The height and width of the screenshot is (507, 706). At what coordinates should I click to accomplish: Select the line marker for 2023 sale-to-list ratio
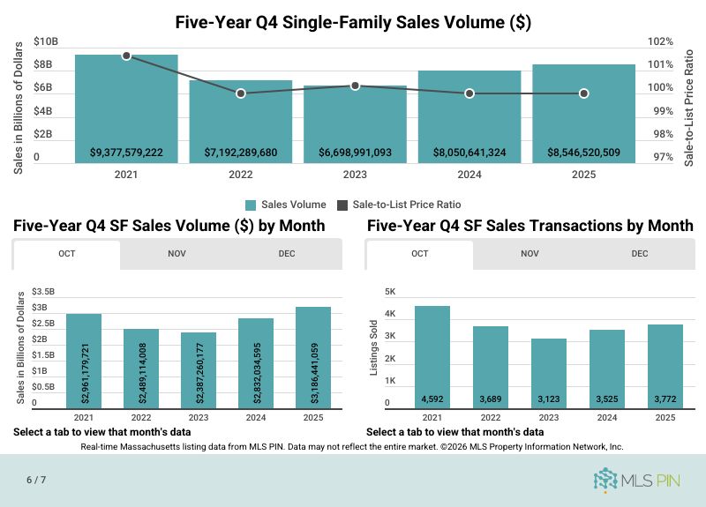(355, 86)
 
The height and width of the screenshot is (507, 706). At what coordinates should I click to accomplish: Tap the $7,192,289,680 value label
(241, 153)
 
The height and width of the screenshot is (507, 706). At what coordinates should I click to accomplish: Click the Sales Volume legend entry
(286, 205)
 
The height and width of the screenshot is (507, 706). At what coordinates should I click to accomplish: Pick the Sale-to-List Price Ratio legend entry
(394, 205)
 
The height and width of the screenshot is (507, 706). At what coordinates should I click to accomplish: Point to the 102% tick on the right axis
(661, 41)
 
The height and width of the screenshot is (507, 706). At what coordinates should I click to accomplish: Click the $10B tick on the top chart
(46, 41)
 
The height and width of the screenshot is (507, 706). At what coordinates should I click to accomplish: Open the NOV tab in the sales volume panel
(176, 254)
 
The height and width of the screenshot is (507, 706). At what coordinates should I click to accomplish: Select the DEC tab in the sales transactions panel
(639, 254)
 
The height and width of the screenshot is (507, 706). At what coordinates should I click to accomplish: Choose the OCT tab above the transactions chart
(419, 254)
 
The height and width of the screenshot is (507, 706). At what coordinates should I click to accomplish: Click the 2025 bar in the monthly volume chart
(313, 357)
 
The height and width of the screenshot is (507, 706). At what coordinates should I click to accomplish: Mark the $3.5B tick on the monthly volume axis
(43, 291)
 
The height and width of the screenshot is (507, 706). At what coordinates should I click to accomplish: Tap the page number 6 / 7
(36, 480)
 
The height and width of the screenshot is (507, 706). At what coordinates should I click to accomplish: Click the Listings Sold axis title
(373, 347)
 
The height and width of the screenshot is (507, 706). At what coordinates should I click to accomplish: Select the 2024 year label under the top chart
(469, 175)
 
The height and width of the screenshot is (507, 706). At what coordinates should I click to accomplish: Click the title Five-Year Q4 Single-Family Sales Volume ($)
(353, 22)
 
